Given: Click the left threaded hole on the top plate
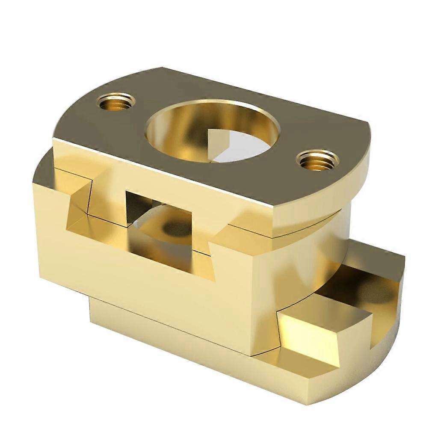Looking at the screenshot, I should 115,101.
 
